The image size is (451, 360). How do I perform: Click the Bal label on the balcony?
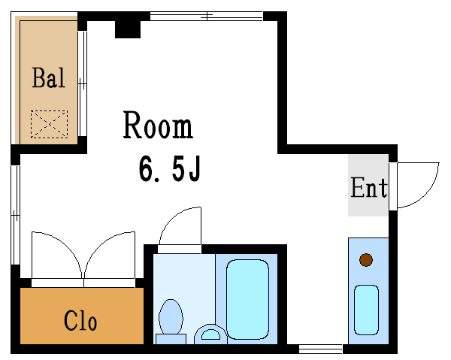point(49,77)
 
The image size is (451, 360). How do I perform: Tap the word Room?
point(158,125)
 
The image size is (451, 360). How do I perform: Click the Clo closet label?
point(80,320)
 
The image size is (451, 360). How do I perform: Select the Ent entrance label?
point(369,187)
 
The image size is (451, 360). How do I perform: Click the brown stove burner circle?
point(366,260)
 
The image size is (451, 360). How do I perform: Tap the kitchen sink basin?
point(366,310)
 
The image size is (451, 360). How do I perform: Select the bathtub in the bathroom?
point(247,300)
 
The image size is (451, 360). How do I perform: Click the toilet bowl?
point(171,316)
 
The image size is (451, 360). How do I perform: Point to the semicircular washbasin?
point(210,334)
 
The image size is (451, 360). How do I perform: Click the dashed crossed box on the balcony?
point(49,124)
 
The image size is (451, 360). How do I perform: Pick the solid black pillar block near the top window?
point(128,29)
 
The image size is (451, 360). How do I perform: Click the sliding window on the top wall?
point(207,16)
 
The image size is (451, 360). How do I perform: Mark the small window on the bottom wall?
point(320,349)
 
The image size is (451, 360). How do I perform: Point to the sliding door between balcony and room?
point(82,83)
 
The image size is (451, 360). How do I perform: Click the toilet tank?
point(171,339)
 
